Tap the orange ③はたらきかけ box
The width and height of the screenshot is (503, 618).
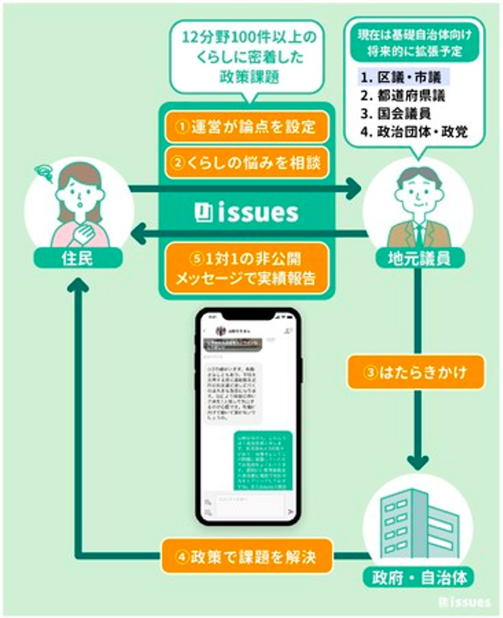pos(416,372)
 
